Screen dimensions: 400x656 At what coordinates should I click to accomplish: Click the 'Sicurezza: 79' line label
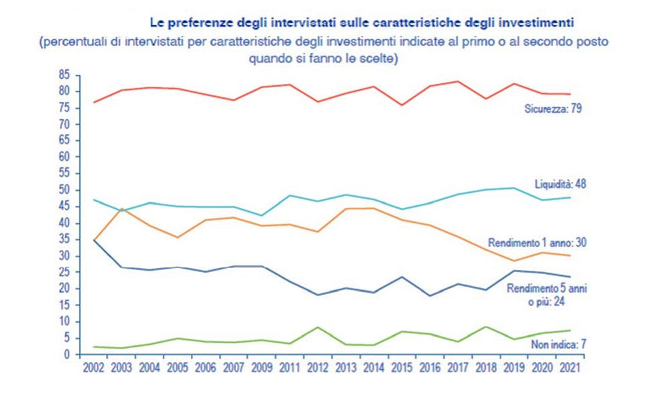pyautogui.click(x=554, y=108)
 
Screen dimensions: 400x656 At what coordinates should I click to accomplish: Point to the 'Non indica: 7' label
pyautogui.click(x=559, y=344)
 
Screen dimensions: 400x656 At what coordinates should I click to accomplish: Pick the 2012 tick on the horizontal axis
pyautogui.click(x=317, y=367)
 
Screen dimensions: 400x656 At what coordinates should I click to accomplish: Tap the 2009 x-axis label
pyautogui.click(x=260, y=367)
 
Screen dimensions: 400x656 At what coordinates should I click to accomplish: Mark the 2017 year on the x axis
pyautogui.click(x=457, y=367)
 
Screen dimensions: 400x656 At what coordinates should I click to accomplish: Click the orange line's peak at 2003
pyautogui.click(x=121, y=209)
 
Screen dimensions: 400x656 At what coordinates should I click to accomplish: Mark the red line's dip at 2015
pyautogui.click(x=402, y=105)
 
